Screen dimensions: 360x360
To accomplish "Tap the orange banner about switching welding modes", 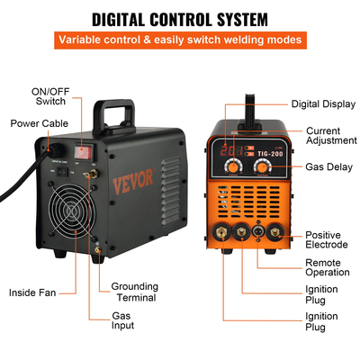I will pos(180,40).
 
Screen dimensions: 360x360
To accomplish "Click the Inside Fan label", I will pos(35,292).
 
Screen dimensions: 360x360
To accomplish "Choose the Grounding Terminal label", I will pos(134,292).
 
